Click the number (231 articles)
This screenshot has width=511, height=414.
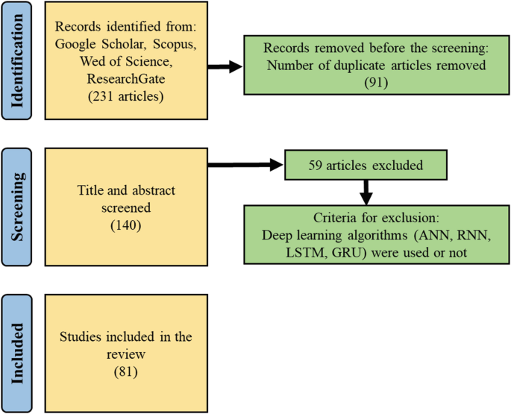pos(125,96)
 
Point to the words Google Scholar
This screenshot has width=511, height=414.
pos(93,46)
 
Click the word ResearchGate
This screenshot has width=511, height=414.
pos(125,79)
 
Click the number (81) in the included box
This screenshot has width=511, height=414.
pos(125,370)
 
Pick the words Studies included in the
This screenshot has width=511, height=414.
pos(125,337)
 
